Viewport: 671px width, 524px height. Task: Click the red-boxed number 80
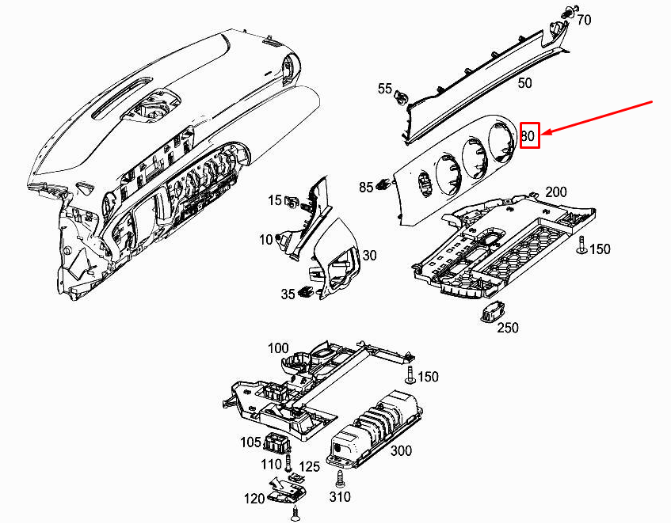(x=529, y=136)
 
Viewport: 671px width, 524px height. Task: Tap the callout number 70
(x=583, y=20)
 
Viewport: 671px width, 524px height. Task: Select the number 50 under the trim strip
(x=524, y=82)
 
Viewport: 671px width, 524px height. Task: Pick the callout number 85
(x=366, y=188)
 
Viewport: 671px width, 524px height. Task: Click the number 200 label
(x=556, y=192)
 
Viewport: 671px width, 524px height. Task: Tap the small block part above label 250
(x=492, y=310)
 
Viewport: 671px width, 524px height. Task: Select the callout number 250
(x=507, y=328)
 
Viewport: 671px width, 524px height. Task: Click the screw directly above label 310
(x=341, y=479)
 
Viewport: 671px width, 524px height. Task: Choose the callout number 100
(x=278, y=348)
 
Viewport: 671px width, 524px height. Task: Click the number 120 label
(x=254, y=499)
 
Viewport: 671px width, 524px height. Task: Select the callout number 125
(x=309, y=468)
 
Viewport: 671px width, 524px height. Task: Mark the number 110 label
(x=271, y=464)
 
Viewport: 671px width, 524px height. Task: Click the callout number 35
(x=288, y=294)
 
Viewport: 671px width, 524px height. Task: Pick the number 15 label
(x=274, y=200)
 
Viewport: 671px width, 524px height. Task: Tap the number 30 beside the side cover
(x=370, y=255)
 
